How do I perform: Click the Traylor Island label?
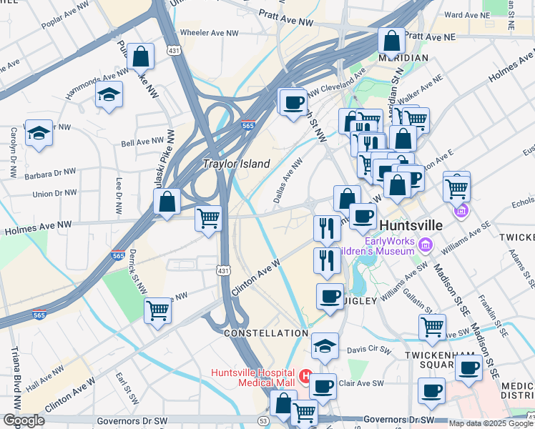tap(237, 164)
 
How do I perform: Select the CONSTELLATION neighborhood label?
tap(265, 334)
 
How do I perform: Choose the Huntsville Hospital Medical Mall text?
tap(253, 379)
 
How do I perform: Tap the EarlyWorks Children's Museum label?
tap(390, 245)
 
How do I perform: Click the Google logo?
tap(23, 420)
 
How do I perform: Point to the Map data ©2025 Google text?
tap(491, 423)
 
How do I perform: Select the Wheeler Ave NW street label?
tap(209, 33)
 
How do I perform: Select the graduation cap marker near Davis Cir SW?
tap(325, 346)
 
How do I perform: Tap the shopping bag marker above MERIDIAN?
tap(392, 41)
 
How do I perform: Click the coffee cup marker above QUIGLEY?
tap(330, 295)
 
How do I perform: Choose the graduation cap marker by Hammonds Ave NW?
tap(109, 94)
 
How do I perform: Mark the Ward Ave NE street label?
tap(484, 14)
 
